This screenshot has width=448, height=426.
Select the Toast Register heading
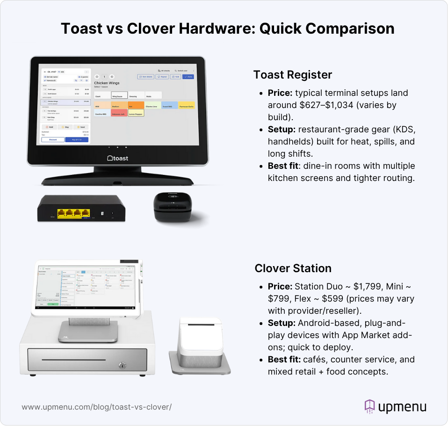click(293, 75)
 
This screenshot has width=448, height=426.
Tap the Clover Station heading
click(293, 268)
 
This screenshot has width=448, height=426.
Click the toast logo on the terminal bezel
click(117, 159)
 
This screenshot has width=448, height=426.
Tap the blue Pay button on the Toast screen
click(77, 139)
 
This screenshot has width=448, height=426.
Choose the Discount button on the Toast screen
click(53, 139)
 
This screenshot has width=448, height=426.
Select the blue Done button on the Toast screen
click(188, 76)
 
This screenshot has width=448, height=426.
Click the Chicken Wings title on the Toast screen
click(107, 83)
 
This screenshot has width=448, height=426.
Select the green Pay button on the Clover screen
click(53, 304)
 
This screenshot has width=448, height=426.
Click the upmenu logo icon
click(370, 406)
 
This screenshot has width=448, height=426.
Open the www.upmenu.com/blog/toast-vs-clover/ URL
click(96, 407)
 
